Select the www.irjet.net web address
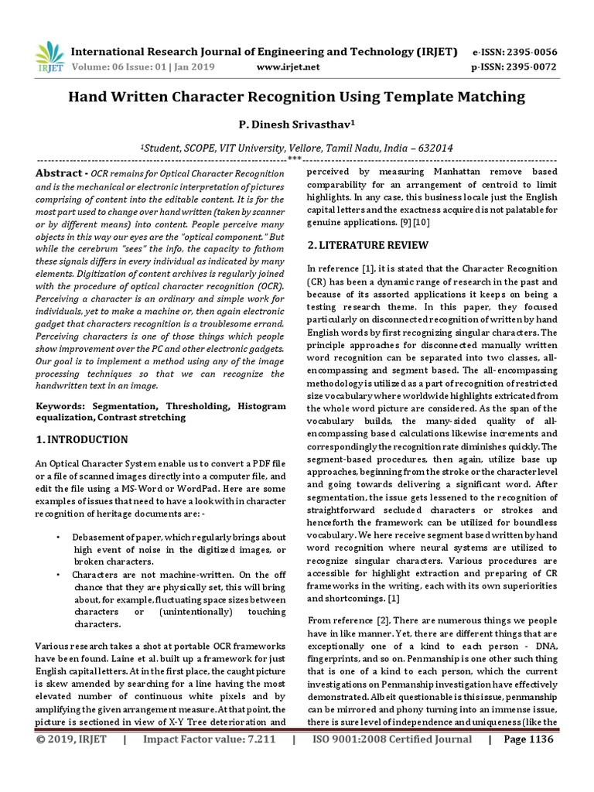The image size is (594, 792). pyautogui.click(x=287, y=67)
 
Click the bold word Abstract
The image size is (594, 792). pyautogui.click(x=59, y=173)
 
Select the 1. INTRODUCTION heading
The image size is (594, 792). pyautogui.click(x=82, y=439)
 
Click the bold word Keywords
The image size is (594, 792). pyautogui.click(x=61, y=405)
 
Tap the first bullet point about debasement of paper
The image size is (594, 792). pyautogui.click(x=59, y=537)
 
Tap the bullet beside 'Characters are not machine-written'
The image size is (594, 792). pyautogui.click(x=59, y=575)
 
